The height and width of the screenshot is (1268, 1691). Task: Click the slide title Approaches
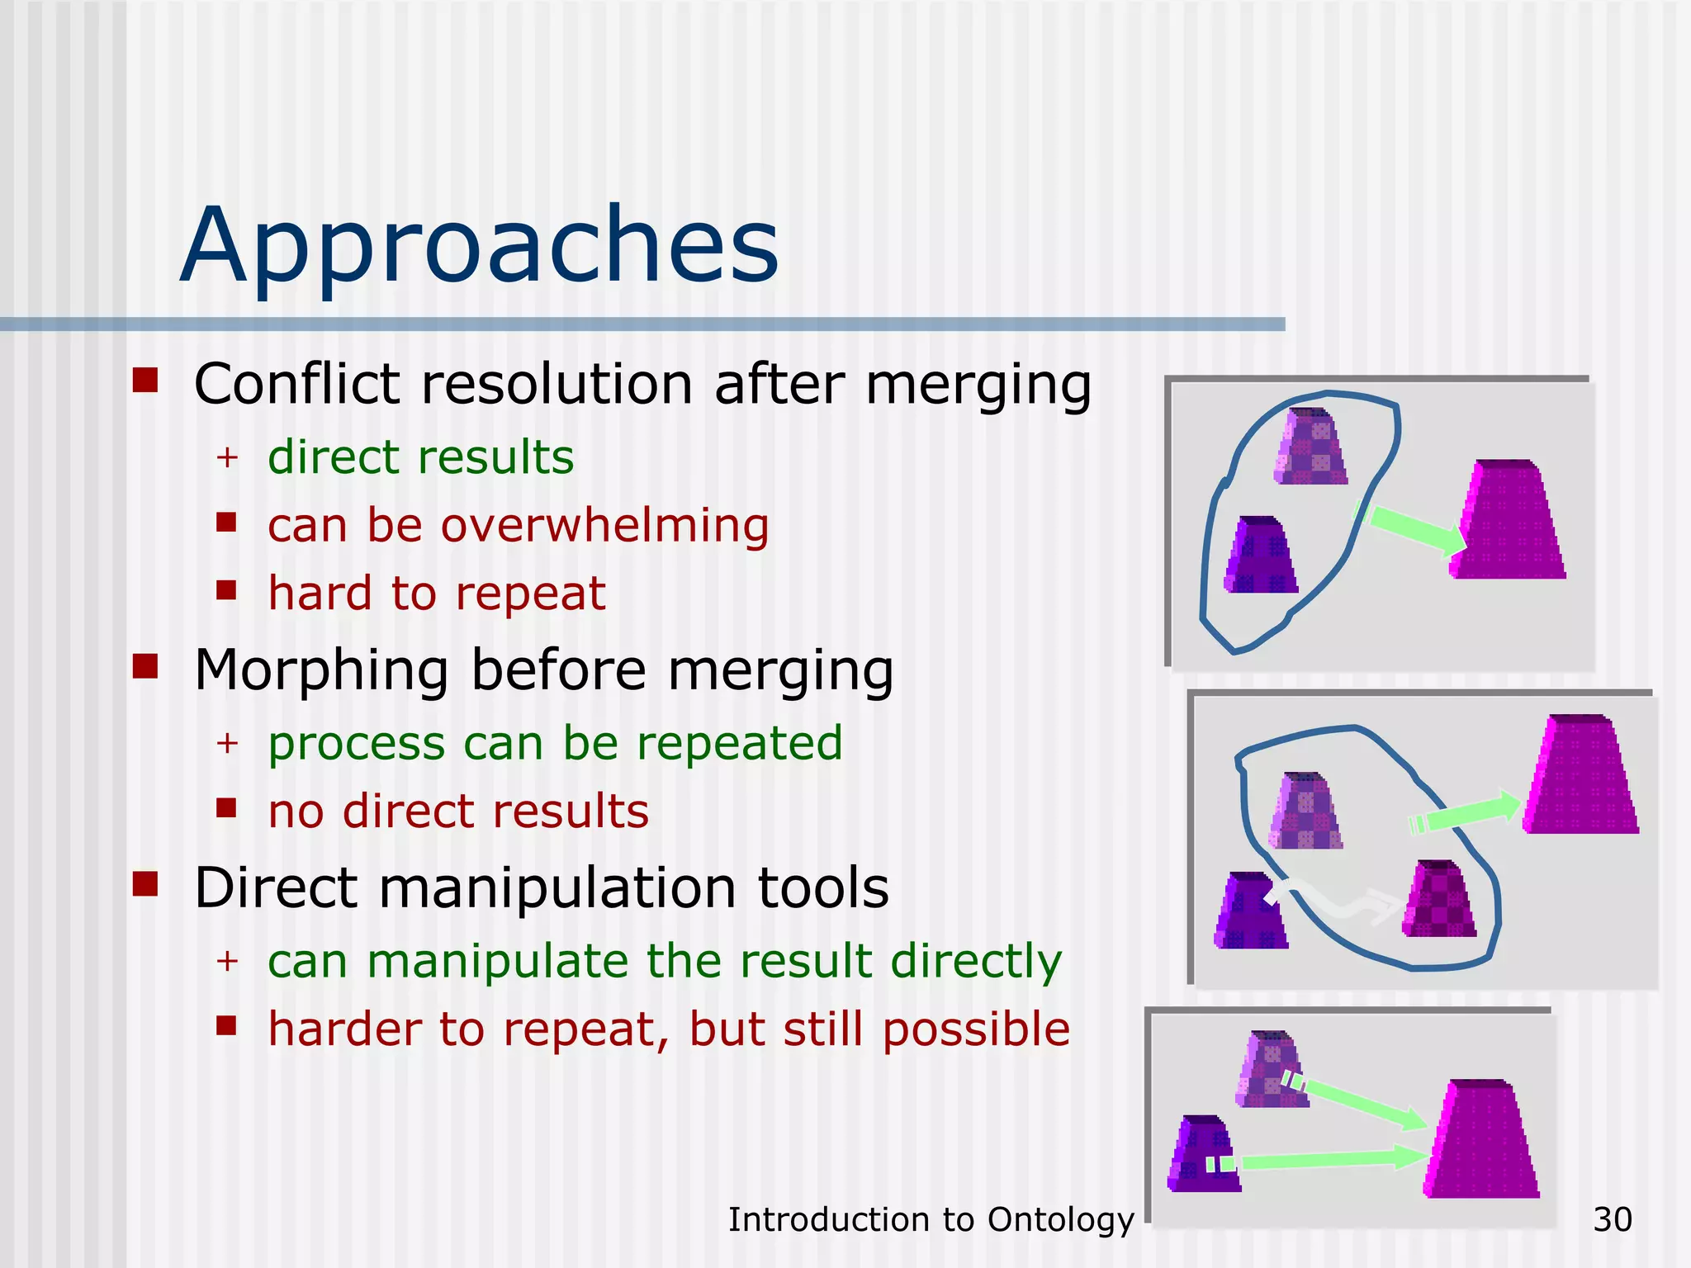(x=479, y=246)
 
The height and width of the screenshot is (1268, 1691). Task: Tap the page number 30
(x=1612, y=1220)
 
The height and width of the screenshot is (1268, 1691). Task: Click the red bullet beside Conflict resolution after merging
(x=145, y=381)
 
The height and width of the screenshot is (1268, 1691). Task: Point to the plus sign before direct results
(x=227, y=457)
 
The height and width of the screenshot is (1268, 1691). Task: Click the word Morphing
(x=321, y=669)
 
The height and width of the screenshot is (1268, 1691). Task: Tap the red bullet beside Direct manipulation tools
(x=145, y=884)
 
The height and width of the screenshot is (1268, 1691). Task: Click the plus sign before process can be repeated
(x=227, y=744)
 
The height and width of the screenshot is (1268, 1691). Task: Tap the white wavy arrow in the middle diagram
(x=1338, y=900)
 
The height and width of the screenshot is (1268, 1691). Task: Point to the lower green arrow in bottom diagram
(x=1329, y=1160)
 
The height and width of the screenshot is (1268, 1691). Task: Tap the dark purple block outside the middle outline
(x=1249, y=912)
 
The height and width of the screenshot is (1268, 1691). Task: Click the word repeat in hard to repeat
(x=529, y=594)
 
